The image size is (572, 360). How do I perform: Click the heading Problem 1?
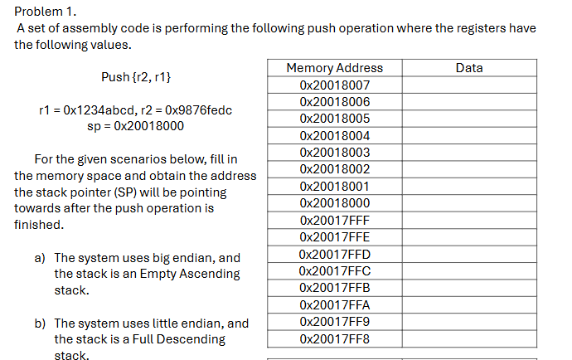click(41, 11)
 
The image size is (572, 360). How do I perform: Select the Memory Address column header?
click(334, 68)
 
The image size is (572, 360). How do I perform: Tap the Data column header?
click(469, 68)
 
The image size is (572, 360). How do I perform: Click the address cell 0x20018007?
click(334, 85)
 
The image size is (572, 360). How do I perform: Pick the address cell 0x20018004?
click(334, 135)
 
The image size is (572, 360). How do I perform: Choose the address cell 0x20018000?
click(334, 203)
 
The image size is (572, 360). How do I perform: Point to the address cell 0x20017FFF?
click(334, 221)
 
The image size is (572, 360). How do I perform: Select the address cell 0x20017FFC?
click(334, 271)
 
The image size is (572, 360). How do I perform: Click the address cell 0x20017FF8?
click(334, 339)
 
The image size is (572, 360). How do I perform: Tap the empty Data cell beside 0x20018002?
click(469, 169)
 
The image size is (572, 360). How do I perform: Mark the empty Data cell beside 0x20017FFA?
click(469, 305)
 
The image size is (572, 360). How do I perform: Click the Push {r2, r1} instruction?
click(136, 77)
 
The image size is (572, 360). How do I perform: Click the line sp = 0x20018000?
click(135, 126)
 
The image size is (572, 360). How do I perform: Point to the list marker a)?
click(40, 258)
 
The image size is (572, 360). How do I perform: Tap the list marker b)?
click(40, 324)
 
